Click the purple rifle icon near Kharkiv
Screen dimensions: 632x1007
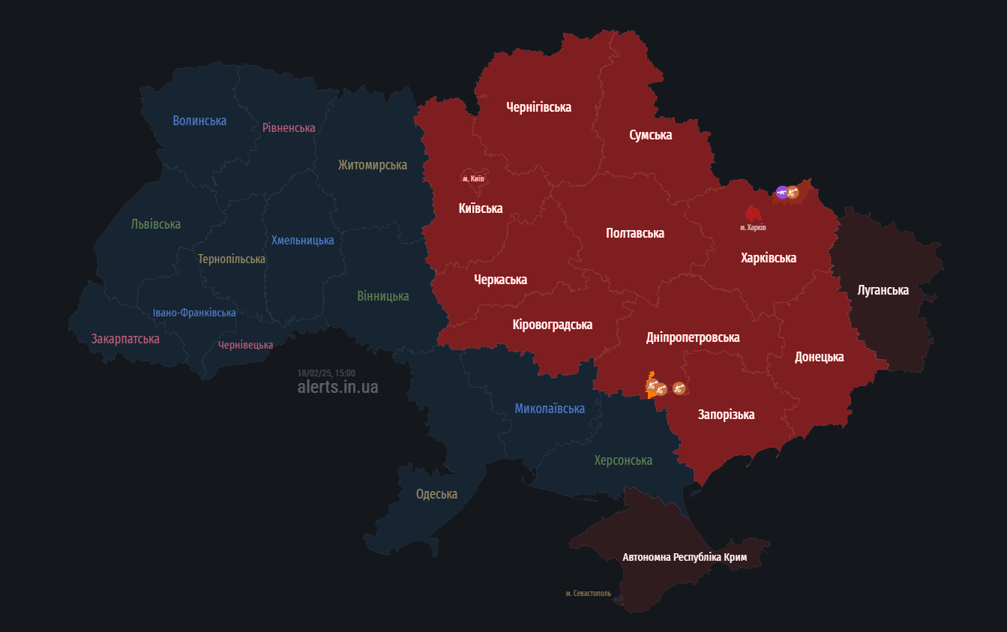coord(781,192)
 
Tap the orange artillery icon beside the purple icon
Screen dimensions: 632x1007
coord(793,193)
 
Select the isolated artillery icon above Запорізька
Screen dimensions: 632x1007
coord(679,388)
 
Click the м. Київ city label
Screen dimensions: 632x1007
coord(473,178)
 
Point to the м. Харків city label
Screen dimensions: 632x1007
coord(753,227)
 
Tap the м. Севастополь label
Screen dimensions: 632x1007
coord(588,593)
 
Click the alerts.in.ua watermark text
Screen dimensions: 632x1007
coord(337,387)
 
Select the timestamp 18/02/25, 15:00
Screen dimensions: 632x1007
coord(326,373)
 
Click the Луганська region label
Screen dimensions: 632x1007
coord(883,290)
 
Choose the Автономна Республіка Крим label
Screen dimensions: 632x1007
coord(685,557)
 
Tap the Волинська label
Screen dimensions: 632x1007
coord(199,121)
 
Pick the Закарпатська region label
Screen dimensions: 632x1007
coord(125,339)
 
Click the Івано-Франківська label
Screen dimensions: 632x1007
coord(194,313)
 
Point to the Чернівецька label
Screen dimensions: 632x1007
coord(245,345)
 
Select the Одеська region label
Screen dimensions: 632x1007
coord(436,494)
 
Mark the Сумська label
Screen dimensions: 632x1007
coord(650,135)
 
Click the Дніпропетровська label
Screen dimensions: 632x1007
coord(693,337)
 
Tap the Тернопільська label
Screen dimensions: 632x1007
coord(232,259)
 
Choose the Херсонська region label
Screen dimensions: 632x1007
coord(623,460)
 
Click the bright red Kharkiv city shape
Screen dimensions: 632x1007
coord(752,213)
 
